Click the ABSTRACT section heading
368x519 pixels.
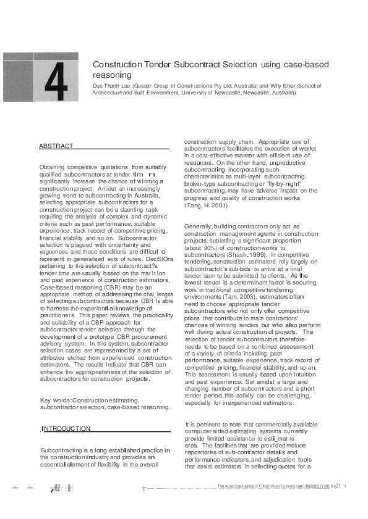(x=56, y=146)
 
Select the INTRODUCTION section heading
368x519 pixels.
(x=66, y=428)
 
